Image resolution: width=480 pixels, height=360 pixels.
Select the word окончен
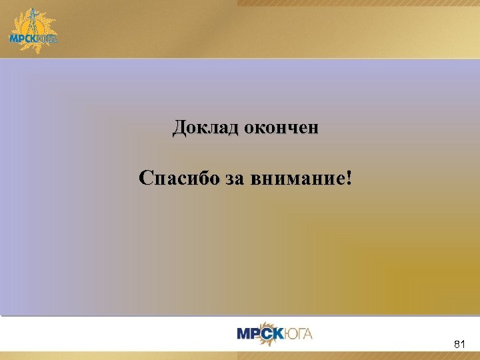pos(281,127)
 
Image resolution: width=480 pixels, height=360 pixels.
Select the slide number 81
pos(459,344)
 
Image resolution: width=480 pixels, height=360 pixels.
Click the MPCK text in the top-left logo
pos(24,38)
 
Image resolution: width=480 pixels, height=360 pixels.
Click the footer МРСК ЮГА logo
pos(275,333)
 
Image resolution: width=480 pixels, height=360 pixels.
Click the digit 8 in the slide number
pos(456,344)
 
